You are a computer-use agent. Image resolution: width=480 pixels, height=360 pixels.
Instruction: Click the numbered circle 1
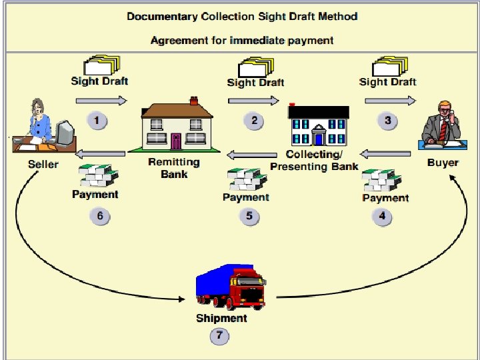[x=98, y=121]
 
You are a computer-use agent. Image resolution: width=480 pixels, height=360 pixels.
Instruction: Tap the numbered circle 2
[x=254, y=121]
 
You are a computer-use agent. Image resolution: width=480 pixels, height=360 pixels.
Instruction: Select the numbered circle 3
[x=387, y=121]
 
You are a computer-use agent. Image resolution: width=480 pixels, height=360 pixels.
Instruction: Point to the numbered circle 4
[x=382, y=216]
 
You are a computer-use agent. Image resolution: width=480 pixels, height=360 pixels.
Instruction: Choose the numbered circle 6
[x=100, y=216]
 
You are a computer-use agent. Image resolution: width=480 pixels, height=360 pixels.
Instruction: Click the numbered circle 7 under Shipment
[x=219, y=336]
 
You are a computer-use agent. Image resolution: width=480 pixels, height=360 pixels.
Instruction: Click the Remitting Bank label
[x=174, y=168]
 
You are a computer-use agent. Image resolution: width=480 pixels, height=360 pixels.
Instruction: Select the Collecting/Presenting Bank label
[x=314, y=160]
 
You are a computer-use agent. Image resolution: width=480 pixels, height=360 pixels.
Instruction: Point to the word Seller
[x=43, y=163]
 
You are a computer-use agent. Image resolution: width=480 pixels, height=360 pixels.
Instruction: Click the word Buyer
[x=443, y=162]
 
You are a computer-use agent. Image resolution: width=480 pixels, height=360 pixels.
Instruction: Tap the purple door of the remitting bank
[x=175, y=141]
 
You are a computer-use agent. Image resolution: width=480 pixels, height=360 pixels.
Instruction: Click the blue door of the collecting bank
[x=319, y=139]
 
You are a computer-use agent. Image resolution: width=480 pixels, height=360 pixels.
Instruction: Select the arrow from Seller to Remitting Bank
[x=101, y=101]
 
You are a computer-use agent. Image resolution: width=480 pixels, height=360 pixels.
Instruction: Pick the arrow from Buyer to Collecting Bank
[x=387, y=154]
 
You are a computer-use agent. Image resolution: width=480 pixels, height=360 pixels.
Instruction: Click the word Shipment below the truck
[x=221, y=318]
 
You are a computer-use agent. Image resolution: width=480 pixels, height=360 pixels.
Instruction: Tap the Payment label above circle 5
[x=246, y=197]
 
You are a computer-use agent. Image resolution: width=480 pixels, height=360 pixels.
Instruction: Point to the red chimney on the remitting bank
[x=193, y=101]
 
